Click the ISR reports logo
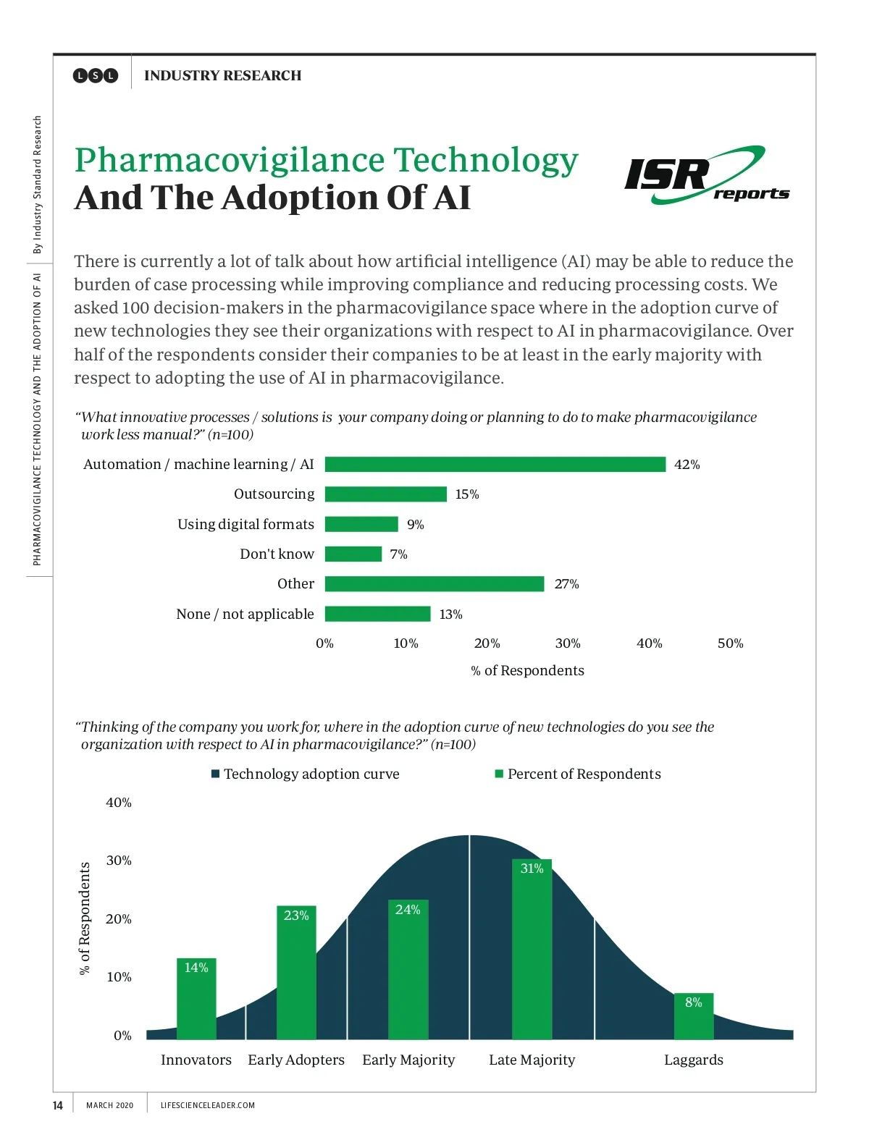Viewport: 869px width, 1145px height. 706,175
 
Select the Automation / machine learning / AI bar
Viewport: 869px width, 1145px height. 495,465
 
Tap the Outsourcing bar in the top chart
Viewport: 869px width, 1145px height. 385,494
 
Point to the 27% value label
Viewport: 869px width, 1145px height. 566,584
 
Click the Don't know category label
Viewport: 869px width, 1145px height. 277,554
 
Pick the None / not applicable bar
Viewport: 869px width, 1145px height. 377,614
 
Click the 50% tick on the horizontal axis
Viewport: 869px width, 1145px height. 730,643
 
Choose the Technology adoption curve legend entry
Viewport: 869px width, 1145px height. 305,774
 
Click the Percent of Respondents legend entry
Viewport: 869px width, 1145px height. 577,774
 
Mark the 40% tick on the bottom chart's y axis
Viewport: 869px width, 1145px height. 119,803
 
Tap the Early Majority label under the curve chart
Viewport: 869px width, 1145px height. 408,1060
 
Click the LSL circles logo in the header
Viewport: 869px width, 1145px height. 96,76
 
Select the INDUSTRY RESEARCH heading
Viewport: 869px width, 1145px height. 222,76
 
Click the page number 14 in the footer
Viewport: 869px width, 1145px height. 58,1105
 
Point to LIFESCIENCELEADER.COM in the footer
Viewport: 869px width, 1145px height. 208,1105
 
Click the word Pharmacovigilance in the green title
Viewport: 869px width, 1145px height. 230,161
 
